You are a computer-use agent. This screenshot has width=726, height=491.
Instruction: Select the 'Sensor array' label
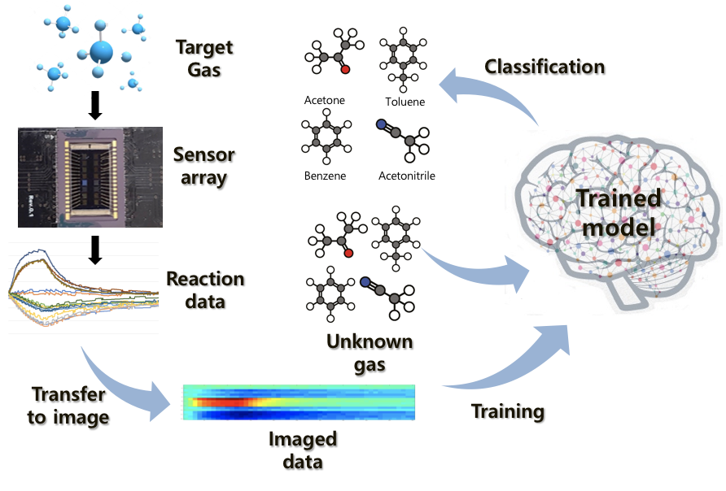click(204, 166)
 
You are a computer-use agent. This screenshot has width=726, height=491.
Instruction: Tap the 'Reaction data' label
click(205, 290)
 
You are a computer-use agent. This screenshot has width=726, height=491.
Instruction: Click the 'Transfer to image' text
click(68, 406)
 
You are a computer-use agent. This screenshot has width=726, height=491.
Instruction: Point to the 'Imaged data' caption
click(303, 450)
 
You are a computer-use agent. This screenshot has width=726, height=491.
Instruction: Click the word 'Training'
click(508, 411)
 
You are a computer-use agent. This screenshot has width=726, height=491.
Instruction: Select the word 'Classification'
click(544, 66)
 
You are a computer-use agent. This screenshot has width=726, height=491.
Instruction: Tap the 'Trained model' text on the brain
click(618, 213)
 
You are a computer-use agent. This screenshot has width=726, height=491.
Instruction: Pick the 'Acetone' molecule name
click(325, 101)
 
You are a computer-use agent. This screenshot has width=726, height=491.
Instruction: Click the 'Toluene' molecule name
click(405, 102)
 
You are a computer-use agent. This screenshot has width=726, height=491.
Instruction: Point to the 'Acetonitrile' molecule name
click(407, 175)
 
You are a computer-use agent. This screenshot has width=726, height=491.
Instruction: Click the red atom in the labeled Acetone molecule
click(345, 71)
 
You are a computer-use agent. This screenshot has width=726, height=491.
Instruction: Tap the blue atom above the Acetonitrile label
click(380, 125)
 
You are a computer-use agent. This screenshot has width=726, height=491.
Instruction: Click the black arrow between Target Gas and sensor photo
click(94, 105)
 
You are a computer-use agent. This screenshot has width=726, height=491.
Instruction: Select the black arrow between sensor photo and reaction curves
click(94, 249)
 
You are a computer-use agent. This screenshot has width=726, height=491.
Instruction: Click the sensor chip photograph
click(90, 176)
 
